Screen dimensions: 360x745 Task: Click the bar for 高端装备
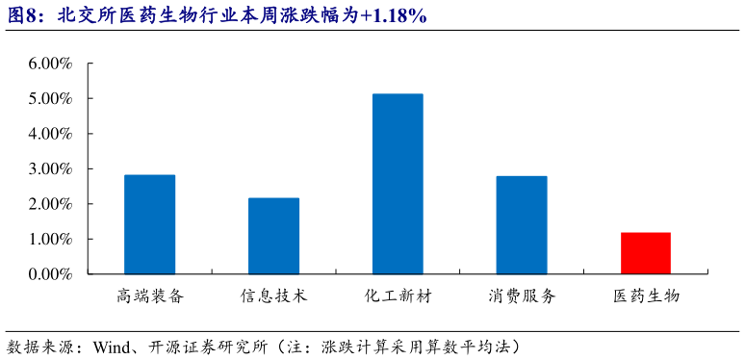(x=149, y=224)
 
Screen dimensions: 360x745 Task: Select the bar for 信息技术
(x=273, y=236)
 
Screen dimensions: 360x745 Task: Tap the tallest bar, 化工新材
(x=398, y=184)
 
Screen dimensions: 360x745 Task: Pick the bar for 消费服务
(x=522, y=225)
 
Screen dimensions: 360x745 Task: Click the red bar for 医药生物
(x=646, y=253)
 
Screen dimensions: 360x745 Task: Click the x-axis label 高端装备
(x=149, y=296)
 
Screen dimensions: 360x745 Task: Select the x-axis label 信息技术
(x=273, y=296)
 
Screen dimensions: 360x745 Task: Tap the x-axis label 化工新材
(x=398, y=296)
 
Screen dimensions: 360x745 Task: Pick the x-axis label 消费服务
(x=522, y=296)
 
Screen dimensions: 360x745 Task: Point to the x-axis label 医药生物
(x=646, y=296)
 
